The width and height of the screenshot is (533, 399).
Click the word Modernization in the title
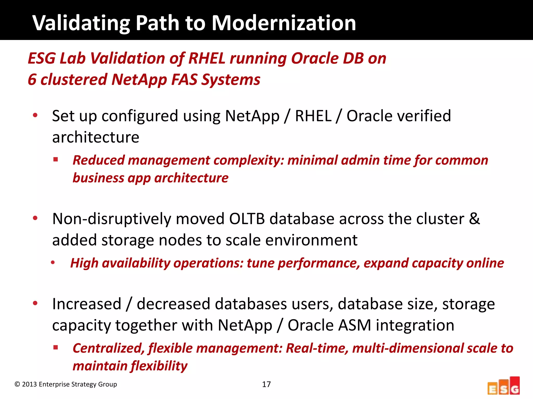pyautogui.click(x=284, y=23)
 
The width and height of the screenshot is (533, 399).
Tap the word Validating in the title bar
pyautogui.click(x=81, y=23)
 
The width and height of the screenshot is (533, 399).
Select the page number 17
pyautogui.click(x=266, y=384)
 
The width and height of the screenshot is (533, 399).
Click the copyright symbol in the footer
pyautogui.click(x=17, y=384)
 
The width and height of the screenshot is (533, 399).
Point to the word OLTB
pyautogui.click(x=247, y=219)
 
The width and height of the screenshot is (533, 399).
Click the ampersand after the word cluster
pyautogui.click(x=474, y=219)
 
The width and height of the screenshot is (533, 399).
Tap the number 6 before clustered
pyautogui.click(x=32, y=79)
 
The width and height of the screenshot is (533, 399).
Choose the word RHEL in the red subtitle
pyautogui.click(x=207, y=58)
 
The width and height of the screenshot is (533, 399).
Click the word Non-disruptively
pyautogui.click(x=112, y=219)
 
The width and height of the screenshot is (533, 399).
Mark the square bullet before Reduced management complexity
pyautogui.click(x=55, y=159)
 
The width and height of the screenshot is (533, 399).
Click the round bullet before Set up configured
pyautogui.click(x=35, y=115)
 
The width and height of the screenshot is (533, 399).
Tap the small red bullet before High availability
pyautogui.click(x=53, y=263)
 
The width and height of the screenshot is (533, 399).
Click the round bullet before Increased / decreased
pyautogui.click(x=35, y=303)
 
